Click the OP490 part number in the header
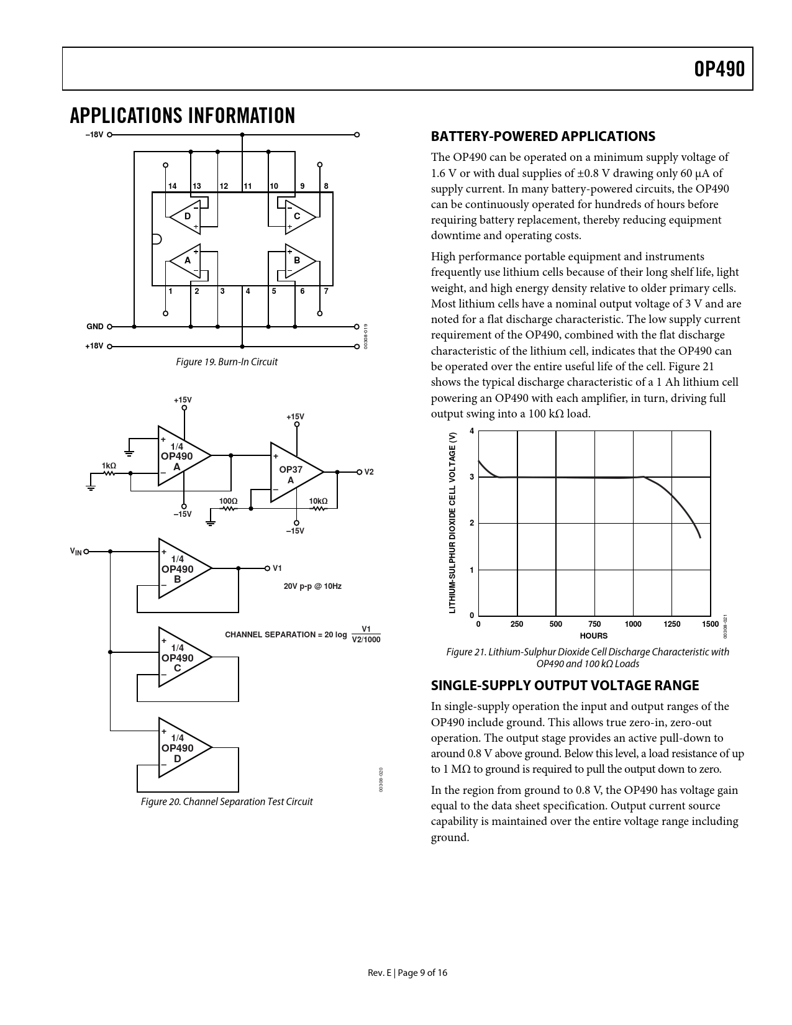point(719,70)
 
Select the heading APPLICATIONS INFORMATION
point(183,116)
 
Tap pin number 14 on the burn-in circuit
point(172,186)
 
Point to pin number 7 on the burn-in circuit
point(326,291)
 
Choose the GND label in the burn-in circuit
point(95,327)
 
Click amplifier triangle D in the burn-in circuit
point(186,216)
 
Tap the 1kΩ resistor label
point(109,465)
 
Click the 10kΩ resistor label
point(318,501)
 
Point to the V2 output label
point(369,472)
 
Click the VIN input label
point(76,551)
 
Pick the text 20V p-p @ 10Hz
point(312,586)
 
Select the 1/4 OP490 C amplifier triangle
point(180,657)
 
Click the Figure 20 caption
point(227,801)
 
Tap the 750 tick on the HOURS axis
point(594,624)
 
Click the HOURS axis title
point(593,635)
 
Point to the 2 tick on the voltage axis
point(471,523)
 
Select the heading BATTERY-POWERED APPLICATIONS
point(543,136)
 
